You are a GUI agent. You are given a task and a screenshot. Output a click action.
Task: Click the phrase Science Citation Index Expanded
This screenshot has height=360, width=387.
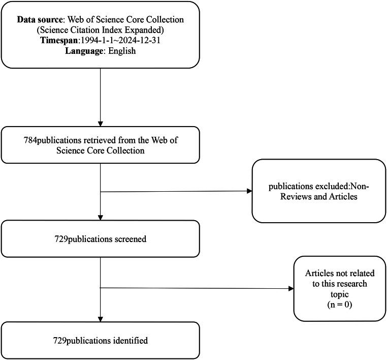pyautogui.click(x=101, y=30)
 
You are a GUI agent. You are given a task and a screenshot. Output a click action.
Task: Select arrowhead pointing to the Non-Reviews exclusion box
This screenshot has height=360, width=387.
pyautogui.click(x=249, y=191)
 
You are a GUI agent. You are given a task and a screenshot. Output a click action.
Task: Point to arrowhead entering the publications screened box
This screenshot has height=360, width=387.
pyautogui.click(x=101, y=217)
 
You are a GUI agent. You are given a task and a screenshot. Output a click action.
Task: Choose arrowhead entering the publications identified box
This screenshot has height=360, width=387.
pyautogui.click(x=101, y=319)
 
